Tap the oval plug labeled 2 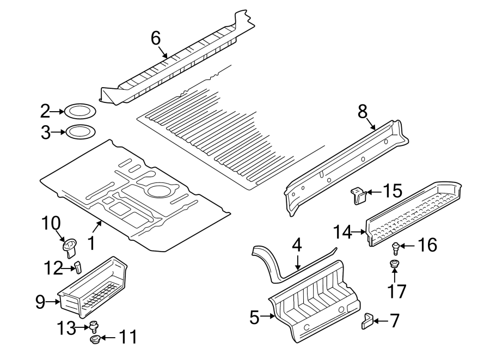pyautogui.click(x=81, y=112)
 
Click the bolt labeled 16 pyautogui.click(x=396, y=248)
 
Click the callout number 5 pyautogui.click(x=254, y=317)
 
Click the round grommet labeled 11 pyautogui.click(x=95, y=340)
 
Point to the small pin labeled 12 pyautogui.click(x=78, y=266)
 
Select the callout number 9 pyautogui.click(x=40, y=302)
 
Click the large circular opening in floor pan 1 pyautogui.click(x=158, y=191)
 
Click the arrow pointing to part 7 pyautogui.click(x=379, y=321)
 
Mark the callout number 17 pyautogui.click(x=397, y=291)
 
